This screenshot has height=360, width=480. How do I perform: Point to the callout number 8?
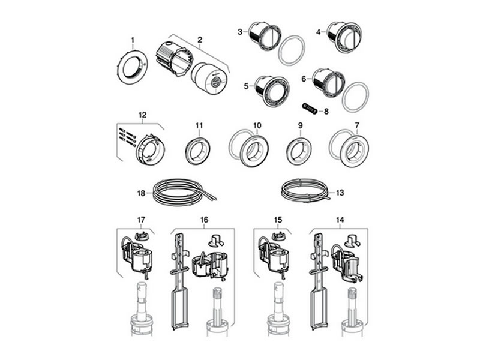coord(326,111)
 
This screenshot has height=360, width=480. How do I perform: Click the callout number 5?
coord(246,86)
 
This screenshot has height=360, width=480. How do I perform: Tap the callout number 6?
coord(304,79)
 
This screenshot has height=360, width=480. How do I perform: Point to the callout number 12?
coord(142,115)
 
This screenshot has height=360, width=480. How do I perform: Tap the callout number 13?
coord(340,193)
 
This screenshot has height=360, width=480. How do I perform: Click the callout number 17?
coord(142,221)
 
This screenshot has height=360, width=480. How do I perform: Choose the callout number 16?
coord(204,221)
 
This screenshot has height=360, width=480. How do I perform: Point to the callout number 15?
coord(278,221)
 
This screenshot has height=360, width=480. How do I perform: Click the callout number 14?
coord(340,221)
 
